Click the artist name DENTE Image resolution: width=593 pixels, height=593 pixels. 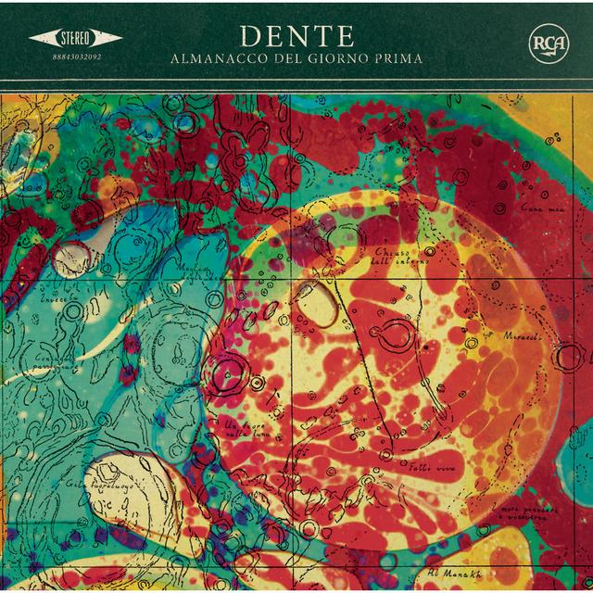coord(296,34)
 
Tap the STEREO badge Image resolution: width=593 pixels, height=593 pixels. coord(76,38)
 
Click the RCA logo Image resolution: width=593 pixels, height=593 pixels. coord(547,44)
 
